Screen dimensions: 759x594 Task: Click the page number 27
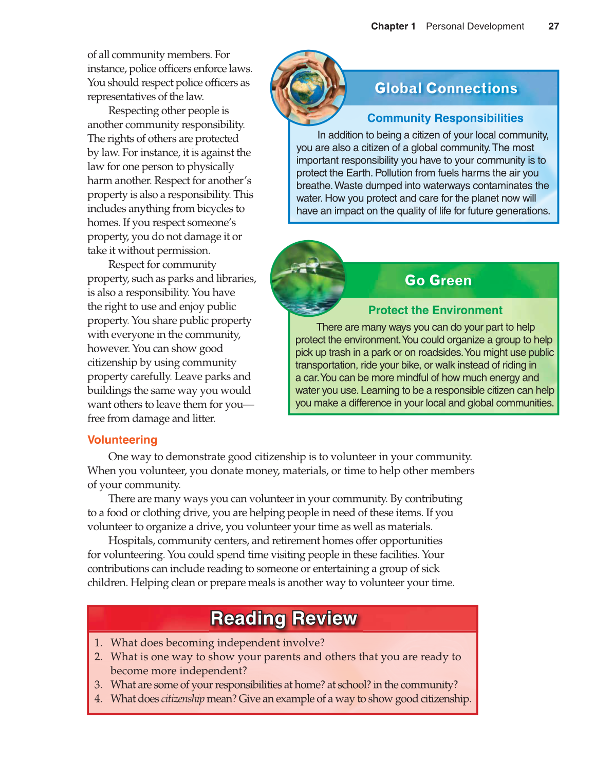pos(553,26)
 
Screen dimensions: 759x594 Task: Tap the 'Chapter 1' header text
pos(393,26)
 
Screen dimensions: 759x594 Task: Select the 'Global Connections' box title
pos(446,88)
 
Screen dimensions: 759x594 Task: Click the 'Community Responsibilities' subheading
pos(445,118)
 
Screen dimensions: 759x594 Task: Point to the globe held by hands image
pos(308,87)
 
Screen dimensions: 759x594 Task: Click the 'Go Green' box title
pos(438,280)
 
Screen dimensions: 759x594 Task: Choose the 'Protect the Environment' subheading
pos(435,310)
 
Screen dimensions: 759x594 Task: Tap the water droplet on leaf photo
pos(308,278)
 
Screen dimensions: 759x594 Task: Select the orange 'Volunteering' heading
pos(122,440)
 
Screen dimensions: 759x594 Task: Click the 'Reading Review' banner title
pos(284,618)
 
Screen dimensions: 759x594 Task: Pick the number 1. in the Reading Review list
pos(98,643)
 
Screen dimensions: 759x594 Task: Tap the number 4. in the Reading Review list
pos(98,699)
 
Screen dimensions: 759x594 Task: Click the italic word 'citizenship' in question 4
pos(182,699)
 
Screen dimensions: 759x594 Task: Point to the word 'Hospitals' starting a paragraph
pos(131,540)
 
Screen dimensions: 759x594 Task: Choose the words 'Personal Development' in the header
pos(475,26)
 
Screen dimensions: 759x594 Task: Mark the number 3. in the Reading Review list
pos(98,685)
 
